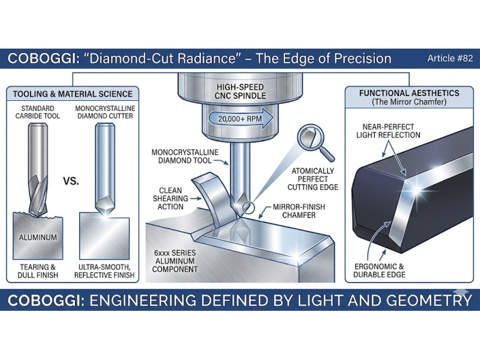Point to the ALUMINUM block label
[37, 238]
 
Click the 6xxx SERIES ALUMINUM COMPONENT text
[175, 262]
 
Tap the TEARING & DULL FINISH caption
[37, 270]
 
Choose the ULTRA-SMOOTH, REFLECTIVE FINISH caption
[106, 270]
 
